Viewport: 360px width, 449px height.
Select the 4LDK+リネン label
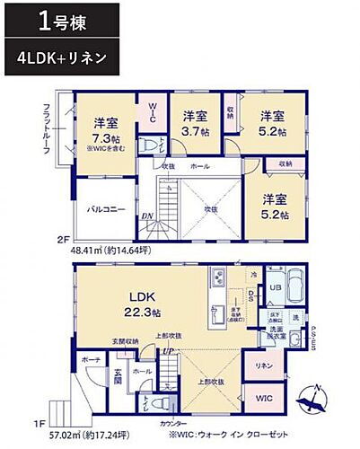[x=61, y=57]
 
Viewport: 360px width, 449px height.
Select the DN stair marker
[x=145, y=216]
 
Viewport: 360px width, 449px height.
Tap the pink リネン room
[x=263, y=365]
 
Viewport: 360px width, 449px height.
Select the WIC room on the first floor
[x=263, y=396]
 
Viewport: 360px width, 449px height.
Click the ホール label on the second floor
[x=199, y=167]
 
